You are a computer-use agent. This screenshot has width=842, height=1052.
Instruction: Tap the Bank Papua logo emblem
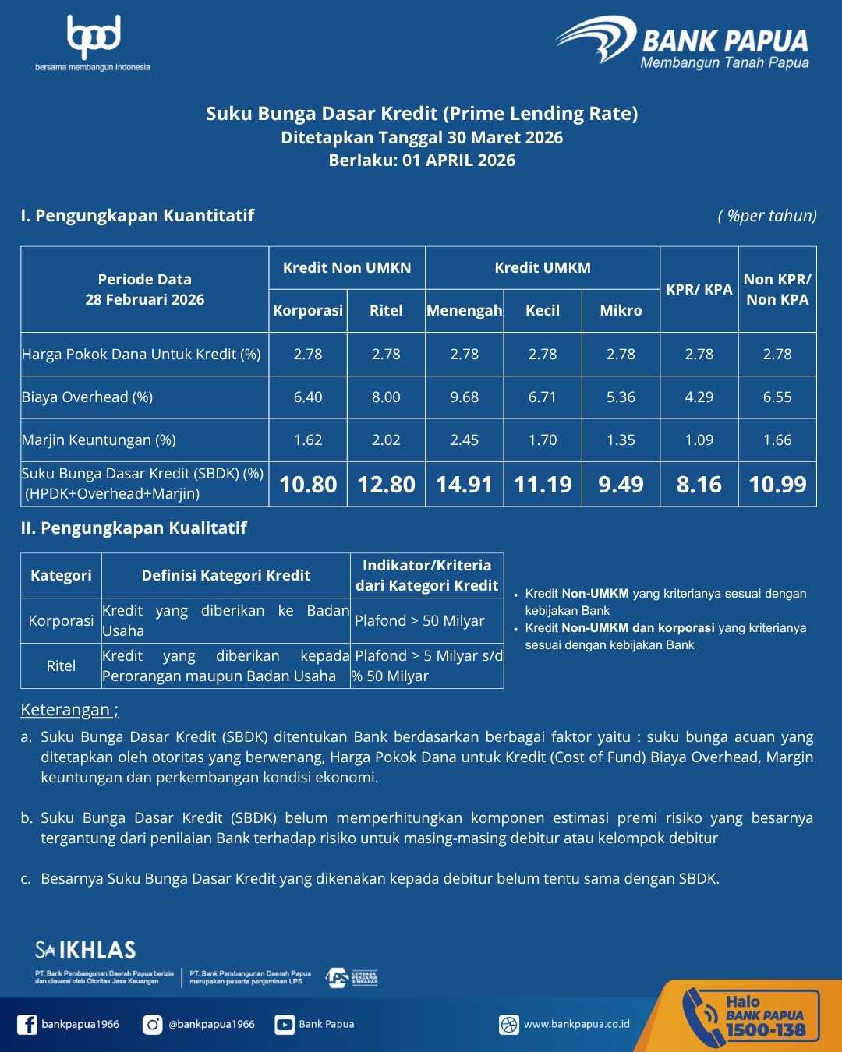(596, 39)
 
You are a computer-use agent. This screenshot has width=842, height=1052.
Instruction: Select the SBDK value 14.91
(465, 485)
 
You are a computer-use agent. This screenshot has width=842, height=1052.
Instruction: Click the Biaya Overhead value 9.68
(465, 397)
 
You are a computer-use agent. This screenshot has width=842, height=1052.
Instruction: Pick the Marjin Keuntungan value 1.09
(699, 440)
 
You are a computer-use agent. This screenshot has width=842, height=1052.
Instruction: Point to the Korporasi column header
(308, 311)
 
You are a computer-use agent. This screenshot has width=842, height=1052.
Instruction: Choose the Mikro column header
(621, 311)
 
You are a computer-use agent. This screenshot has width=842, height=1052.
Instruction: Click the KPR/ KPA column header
(699, 290)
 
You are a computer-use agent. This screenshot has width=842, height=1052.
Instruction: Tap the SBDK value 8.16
(699, 485)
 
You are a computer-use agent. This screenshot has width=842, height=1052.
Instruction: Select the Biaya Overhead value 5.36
(621, 397)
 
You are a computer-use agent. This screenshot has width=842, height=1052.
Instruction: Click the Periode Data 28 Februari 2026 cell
(145, 290)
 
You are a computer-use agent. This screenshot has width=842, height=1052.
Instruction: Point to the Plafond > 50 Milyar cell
(420, 621)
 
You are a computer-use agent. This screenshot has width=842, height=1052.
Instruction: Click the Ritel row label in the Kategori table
(61, 666)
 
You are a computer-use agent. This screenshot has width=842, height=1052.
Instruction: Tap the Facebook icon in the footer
(27, 1025)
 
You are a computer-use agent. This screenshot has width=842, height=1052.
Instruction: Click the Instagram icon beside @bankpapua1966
(153, 1025)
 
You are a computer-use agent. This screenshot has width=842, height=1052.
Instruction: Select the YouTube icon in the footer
(285, 1025)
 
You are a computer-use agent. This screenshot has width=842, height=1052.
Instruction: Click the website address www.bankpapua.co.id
(576, 1025)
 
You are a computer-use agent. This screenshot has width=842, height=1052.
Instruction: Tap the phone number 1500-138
(766, 1030)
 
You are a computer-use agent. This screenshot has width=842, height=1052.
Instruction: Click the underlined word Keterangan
(65, 710)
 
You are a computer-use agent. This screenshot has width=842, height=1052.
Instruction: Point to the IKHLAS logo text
(86, 950)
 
